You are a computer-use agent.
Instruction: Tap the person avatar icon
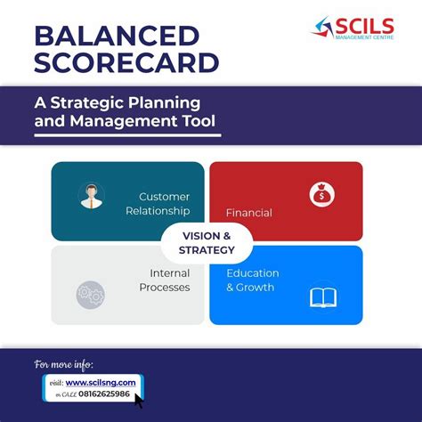coord(90,196)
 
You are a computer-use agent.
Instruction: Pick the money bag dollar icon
coord(321,193)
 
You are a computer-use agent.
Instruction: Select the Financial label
coord(248,213)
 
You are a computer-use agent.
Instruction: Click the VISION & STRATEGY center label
coord(207,242)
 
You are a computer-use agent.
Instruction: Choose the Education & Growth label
coord(252,280)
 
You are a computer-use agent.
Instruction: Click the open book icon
coord(322,296)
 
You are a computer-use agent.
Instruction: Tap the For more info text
coord(63,364)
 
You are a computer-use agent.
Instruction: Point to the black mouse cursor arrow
coord(138,400)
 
